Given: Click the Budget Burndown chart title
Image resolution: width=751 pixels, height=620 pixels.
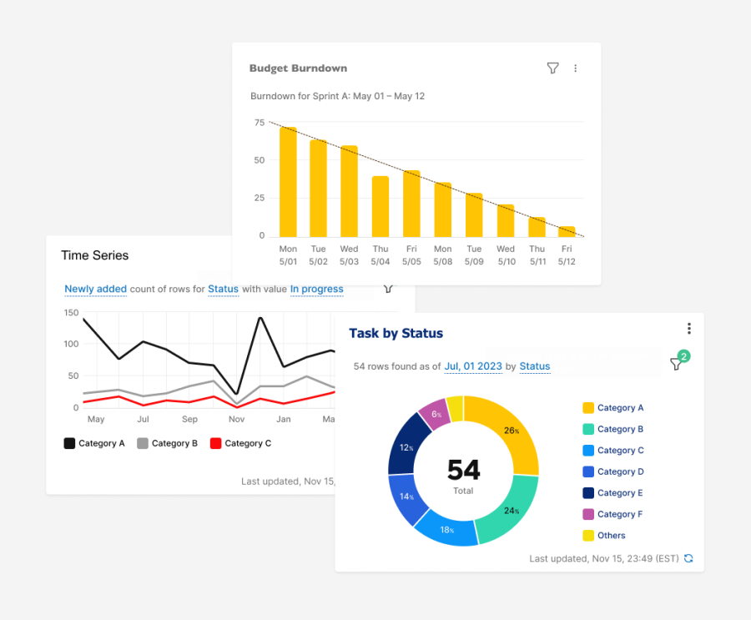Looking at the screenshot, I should pyautogui.click(x=298, y=68).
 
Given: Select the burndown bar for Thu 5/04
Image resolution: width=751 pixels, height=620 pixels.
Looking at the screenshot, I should pyautogui.click(x=381, y=206).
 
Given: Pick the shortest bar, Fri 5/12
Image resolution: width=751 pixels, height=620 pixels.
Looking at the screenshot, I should pyautogui.click(x=567, y=231).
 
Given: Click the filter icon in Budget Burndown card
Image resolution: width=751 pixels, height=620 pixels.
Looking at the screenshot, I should pyautogui.click(x=552, y=68).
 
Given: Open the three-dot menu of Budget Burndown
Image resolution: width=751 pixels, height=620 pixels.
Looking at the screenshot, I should pyautogui.click(x=576, y=68).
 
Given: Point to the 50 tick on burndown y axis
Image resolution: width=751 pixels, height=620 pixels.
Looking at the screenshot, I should pyautogui.click(x=260, y=160).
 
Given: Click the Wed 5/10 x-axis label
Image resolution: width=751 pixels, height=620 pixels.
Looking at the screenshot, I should pyautogui.click(x=506, y=255).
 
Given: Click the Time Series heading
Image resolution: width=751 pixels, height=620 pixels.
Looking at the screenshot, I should pyautogui.click(x=95, y=255).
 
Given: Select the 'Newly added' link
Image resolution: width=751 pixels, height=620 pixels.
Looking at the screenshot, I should pyautogui.click(x=95, y=290).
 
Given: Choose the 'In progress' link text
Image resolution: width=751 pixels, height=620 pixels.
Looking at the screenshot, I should pyautogui.click(x=316, y=290).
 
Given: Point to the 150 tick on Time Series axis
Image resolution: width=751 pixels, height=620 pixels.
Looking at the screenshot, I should pyautogui.click(x=71, y=313).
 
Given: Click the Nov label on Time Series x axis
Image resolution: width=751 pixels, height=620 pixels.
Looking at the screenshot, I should pyautogui.click(x=237, y=420).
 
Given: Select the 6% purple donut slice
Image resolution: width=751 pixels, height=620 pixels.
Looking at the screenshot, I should pyautogui.click(x=434, y=413).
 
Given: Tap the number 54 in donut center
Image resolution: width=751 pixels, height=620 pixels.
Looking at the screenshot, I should pyautogui.click(x=463, y=470).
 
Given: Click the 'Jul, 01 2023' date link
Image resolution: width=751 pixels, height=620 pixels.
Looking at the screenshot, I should pyautogui.click(x=472, y=366).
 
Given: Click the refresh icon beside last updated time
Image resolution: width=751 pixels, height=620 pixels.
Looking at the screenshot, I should pyautogui.click(x=688, y=558).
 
